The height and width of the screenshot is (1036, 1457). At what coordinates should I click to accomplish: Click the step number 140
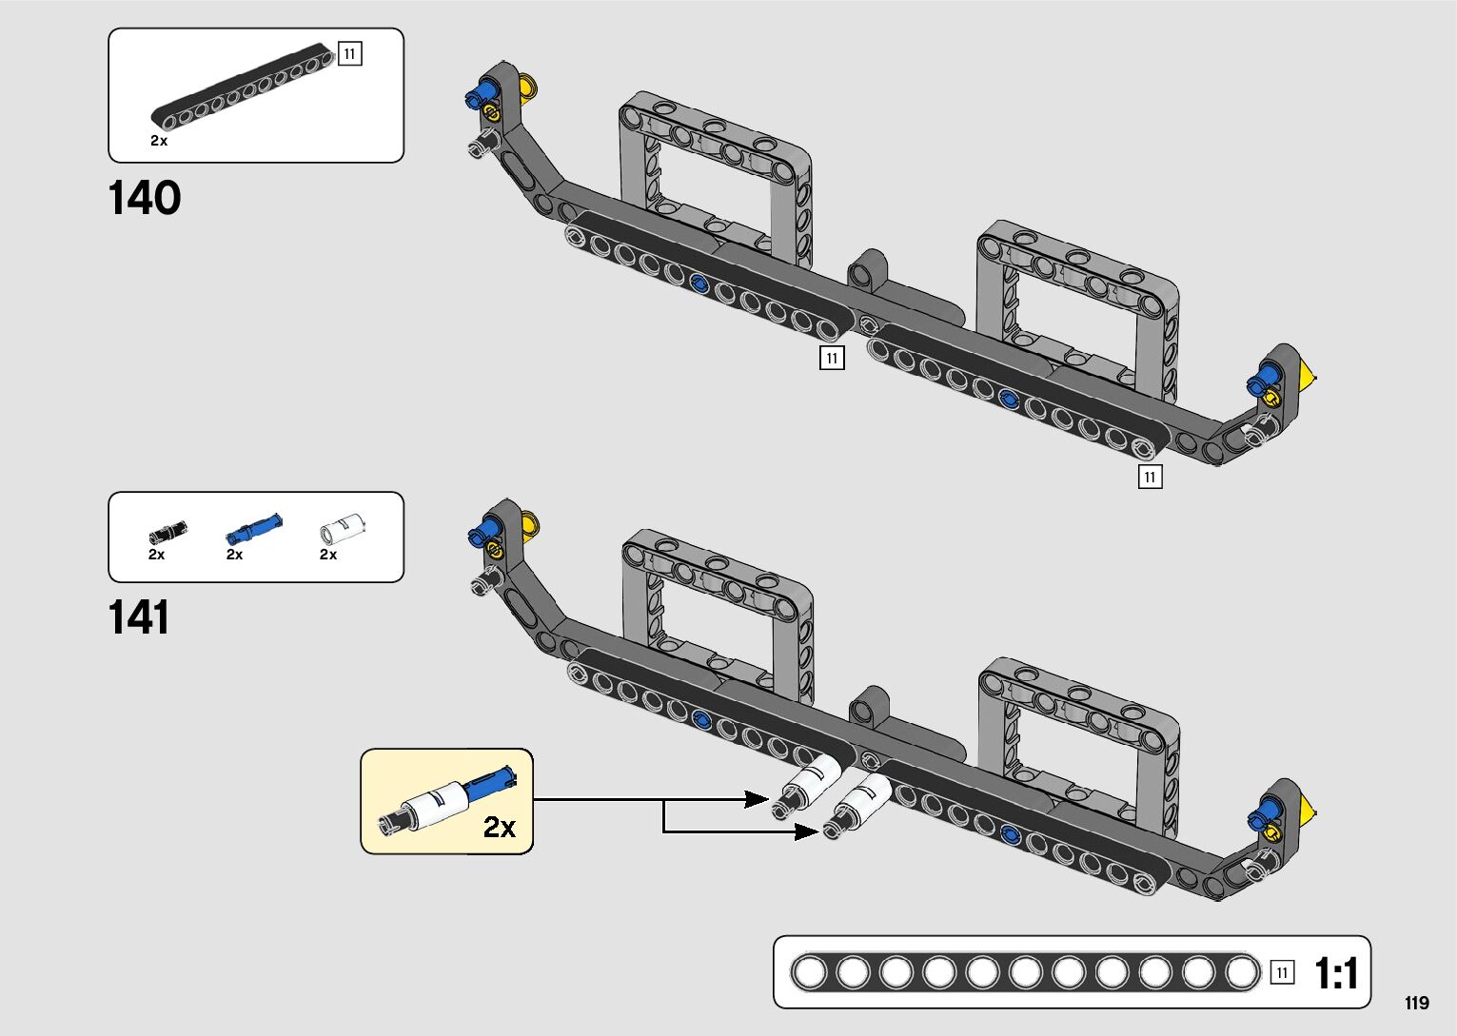click(145, 198)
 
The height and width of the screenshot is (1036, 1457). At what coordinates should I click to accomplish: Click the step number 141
click(139, 616)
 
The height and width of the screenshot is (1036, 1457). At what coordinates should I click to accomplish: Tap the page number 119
click(1417, 1003)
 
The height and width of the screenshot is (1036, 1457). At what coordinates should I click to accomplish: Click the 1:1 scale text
click(1337, 973)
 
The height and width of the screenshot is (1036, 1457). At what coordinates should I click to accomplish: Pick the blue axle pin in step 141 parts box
click(254, 528)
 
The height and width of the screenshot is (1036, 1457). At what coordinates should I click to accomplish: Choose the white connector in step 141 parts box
click(343, 528)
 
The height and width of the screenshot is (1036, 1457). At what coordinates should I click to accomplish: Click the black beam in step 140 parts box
click(244, 86)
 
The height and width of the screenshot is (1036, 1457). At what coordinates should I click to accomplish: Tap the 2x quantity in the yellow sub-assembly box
click(500, 828)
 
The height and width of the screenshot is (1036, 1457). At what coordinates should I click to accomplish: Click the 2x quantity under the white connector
click(328, 554)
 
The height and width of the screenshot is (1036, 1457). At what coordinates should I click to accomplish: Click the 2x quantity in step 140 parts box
click(159, 141)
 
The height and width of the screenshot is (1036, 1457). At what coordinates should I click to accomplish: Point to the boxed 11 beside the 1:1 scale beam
click(1282, 973)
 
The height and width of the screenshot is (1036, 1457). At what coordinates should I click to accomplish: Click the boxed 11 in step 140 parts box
click(350, 54)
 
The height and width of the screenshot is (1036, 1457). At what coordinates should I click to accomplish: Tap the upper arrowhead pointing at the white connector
click(758, 799)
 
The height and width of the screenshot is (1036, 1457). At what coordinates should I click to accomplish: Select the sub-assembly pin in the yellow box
click(447, 802)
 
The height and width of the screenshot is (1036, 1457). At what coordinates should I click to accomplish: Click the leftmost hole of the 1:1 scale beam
click(809, 973)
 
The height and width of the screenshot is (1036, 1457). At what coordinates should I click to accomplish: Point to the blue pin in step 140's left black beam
click(699, 283)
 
